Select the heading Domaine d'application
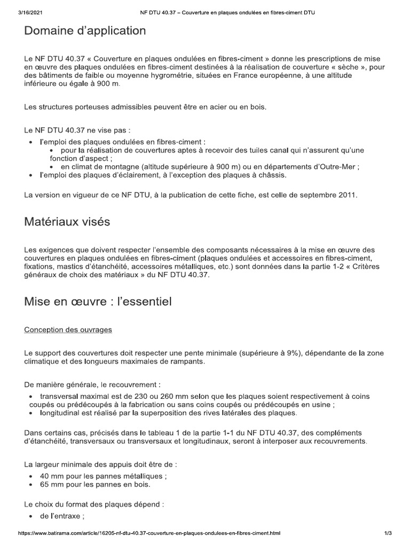pyautogui.click(x=85, y=31)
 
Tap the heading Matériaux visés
pyautogui.click(x=67, y=222)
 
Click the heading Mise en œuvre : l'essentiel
pyautogui.click(x=98, y=303)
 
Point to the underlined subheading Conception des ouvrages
pyautogui.click(x=68, y=330)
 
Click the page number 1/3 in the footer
pyautogui.click(x=388, y=533)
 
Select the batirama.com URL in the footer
pyautogui.click(x=149, y=533)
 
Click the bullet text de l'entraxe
pyautogui.click(x=62, y=517)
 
